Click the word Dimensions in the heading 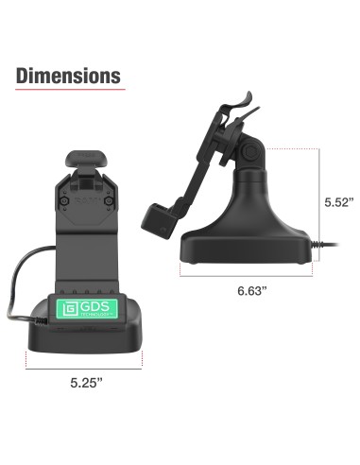point(69,75)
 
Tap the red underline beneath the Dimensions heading point(69,91)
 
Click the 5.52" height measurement point(337,202)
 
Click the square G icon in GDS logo point(68,312)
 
